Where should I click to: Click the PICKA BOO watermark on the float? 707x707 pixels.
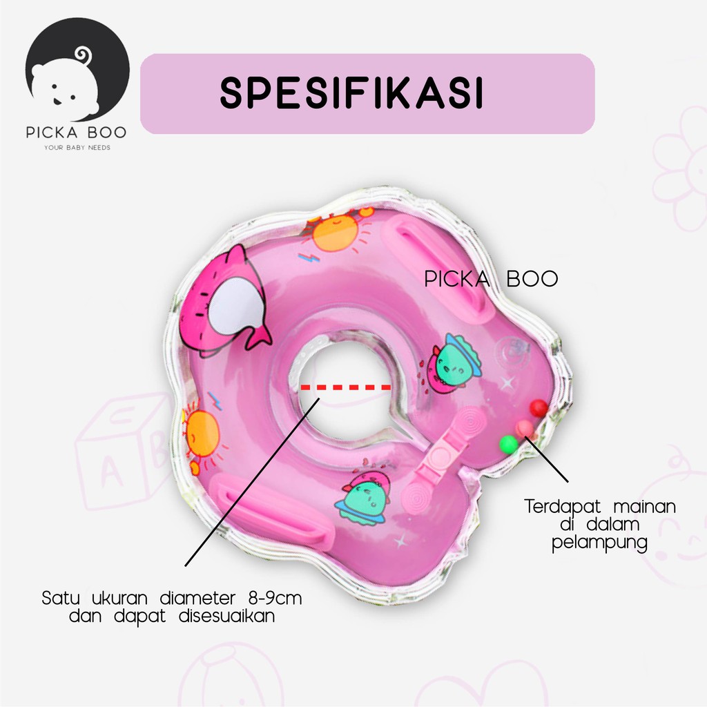[x=491, y=280]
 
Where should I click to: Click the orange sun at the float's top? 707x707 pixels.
[x=334, y=231]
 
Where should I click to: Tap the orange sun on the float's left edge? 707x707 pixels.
[x=201, y=434]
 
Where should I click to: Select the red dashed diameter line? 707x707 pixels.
[x=345, y=388]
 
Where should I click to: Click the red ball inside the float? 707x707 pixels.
[x=539, y=408]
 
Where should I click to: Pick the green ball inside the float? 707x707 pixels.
[x=508, y=445]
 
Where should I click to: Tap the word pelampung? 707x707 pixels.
[x=599, y=543]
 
